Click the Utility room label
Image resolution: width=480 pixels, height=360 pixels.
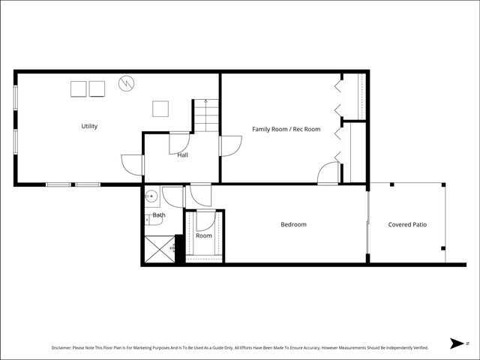click(x=89, y=126)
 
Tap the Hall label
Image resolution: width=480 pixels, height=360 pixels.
click(x=182, y=155)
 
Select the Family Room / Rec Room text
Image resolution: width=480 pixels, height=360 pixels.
click(x=286, y=129)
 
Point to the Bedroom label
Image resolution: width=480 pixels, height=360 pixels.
click(x=293, y=224)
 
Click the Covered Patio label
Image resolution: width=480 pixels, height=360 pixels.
click(x=407, y=224)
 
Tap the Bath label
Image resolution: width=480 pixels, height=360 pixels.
click(x=159, y=215)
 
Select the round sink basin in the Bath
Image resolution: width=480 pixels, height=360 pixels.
click(x=151, y=197)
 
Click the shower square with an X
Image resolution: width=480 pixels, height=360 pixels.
click(x=159, y=249)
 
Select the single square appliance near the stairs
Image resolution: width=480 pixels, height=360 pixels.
click(x=160, y=109)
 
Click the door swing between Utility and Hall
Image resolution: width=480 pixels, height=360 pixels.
click(x=132, y=164)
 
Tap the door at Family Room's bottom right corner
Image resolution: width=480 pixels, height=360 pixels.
click(x=328, y=173)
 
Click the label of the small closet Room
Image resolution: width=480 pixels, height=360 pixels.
click(x=204, y=235)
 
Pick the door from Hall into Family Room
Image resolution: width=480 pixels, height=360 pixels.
click(x=230, y=145)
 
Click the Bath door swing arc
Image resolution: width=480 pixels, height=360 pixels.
click(x=172, y=196)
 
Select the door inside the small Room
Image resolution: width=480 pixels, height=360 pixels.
click(x=205, y=222)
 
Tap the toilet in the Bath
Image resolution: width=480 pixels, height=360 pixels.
click(x=153, y=220)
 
